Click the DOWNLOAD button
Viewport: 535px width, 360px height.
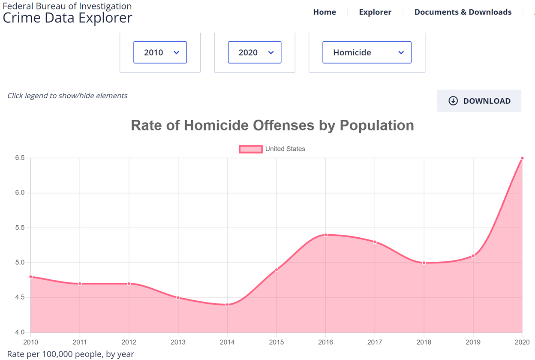pyautogui.click(x=479, y=101)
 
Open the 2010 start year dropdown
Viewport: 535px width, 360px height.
pyautogui.click(x=160, y=52)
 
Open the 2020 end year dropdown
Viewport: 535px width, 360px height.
pyautogui.click(x=255, y=52)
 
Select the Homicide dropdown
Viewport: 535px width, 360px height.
pyautogui.click(x=367, y=52)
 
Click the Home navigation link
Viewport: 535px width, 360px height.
pyautogui.click(x=325, y=12)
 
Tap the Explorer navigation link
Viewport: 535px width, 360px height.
pyautogui.click(x=375, y=12)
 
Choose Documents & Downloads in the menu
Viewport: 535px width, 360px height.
pyautogui.click(x=463, y=12)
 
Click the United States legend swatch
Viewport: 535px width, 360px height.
pyautogui.click(x=251, y=149)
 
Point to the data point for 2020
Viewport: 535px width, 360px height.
pyautogui.click(x=522, y=158)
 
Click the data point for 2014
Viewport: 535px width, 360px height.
pyautogui.click(x=227, y=305)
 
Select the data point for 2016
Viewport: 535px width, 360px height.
pyautogui.click(x=326, y=235)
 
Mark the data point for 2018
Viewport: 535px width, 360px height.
pyautogui.click(x=424, y=263)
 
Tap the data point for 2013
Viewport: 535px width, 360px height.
pyautogui.click(x=178, y=298)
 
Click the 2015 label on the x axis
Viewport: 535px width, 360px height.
pyautogui.click(x=277, y=342)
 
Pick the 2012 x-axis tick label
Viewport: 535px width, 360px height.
pyautogui.click(x=129, y=342)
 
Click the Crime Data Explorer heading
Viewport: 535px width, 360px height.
pyautogui.click(x=67, y=18)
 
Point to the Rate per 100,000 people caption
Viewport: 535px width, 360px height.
pyautogui.click(x=71, y=354)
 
